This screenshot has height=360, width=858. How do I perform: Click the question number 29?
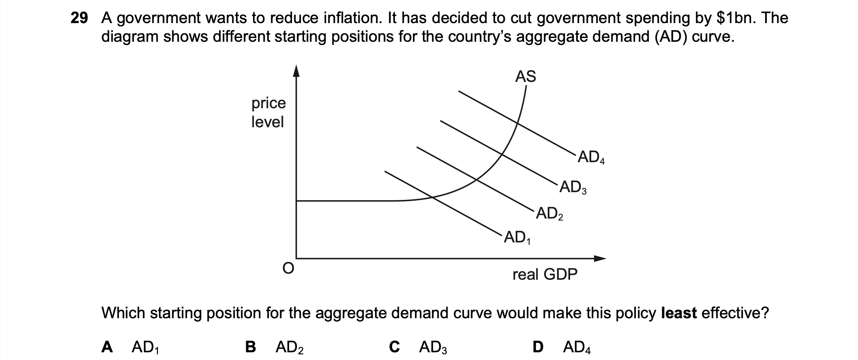(79, 18)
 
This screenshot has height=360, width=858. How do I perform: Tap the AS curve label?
(526, 76)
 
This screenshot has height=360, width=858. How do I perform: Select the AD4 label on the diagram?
(591, 158)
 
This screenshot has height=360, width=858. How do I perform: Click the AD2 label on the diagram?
(549, 213)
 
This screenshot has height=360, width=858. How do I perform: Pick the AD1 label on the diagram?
(517, 238)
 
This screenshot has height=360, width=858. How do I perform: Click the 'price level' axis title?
(268, 112)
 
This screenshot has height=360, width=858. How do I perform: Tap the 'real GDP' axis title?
(545, 275)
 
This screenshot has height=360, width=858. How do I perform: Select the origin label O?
(287, 268)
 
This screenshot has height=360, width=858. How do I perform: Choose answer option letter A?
(107, 347)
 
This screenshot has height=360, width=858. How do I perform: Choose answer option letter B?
(251, 347)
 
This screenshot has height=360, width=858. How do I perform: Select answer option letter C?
(394, 347)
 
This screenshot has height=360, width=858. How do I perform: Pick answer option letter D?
(538, 347)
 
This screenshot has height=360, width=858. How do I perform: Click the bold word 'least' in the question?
(679, 313)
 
